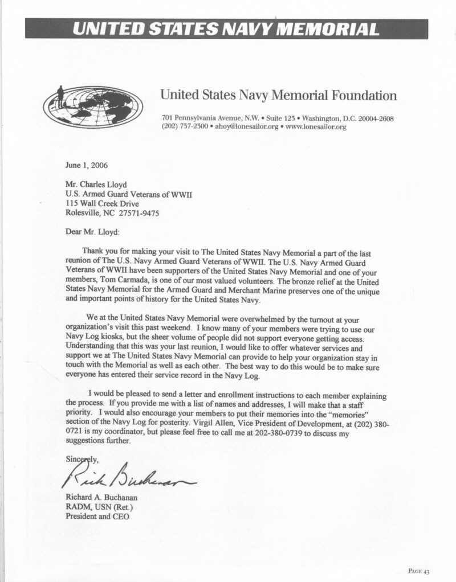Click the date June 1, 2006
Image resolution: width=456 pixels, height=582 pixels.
[x=86, y=166]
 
